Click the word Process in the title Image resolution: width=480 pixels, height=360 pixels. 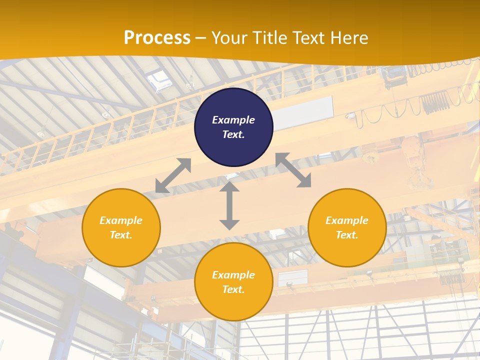(157, 37)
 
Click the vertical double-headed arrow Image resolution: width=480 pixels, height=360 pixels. (229, 205)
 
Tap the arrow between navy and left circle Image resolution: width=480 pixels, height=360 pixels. (173, 175)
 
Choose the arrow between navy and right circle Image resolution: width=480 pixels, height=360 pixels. (293, 170)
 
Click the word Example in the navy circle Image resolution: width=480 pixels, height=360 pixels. (233, 120)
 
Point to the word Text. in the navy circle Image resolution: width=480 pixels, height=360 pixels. (233, 134)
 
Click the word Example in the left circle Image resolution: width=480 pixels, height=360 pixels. (121, 220)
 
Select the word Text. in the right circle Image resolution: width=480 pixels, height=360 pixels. (347, 235)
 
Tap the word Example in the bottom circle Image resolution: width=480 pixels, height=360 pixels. (233, 275)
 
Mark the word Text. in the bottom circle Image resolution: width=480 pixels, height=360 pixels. (233, 289)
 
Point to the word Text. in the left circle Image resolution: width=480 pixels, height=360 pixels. (121, 235)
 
